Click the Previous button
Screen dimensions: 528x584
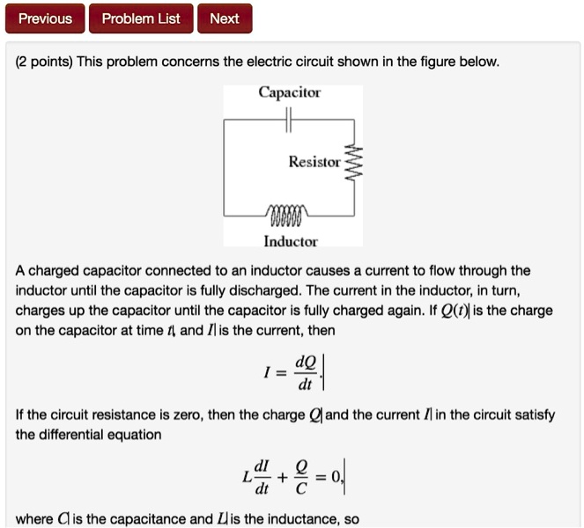point(45,18)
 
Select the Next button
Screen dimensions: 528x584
point(225,18)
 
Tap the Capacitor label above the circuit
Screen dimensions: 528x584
point(290,92)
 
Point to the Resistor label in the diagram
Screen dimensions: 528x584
point(314,162)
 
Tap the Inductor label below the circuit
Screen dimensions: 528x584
point(290,241)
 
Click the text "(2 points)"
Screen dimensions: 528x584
point(45,62)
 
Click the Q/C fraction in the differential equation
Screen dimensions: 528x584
point(304,479)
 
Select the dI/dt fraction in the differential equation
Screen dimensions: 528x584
point(262,479)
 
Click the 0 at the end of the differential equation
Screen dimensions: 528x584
point(341,478)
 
